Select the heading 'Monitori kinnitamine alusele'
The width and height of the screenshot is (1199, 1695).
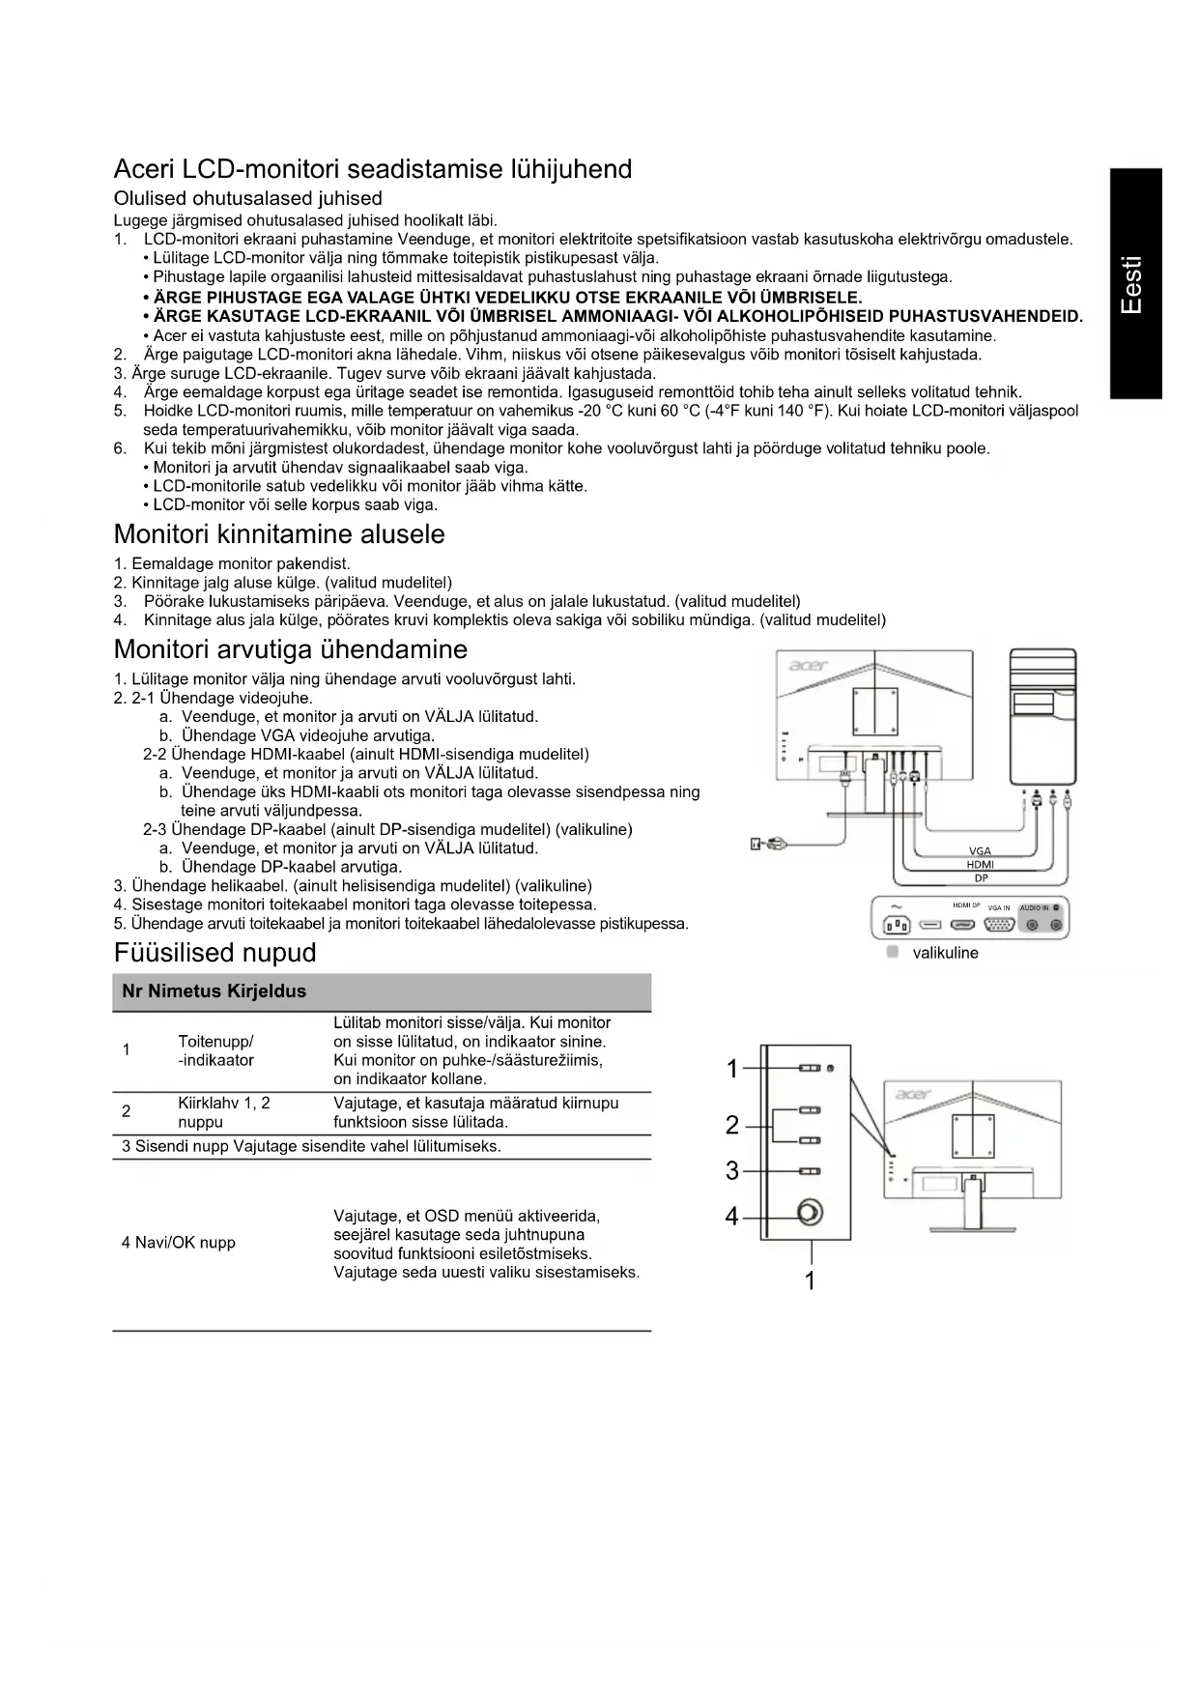(x=279, y=534)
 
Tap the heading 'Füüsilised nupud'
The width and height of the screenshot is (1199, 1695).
(x=214, y=953)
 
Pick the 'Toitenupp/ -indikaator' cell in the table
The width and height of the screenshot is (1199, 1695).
(x=215, y=1051)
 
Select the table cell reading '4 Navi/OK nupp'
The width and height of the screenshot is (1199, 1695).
(x=179, y=1243)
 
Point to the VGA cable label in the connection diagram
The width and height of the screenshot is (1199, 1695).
(x=980, y=851)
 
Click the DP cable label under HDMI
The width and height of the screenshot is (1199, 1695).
(x=981, y=878)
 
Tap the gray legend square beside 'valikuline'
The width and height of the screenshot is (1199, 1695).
(x=893, y=952)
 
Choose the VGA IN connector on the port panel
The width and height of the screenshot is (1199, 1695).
(x=998, y=925)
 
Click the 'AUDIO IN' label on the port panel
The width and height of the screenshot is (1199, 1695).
(x=1034, y=908)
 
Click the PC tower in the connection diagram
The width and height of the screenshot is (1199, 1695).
(x=1042, y=716)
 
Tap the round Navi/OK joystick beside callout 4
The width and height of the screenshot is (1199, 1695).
(x=810, y=1213)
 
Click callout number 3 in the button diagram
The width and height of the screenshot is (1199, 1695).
(x=732, y=1171)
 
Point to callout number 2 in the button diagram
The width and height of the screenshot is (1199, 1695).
(x=732, y=1125)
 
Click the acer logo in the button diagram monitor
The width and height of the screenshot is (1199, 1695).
(x=913, y=1094)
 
